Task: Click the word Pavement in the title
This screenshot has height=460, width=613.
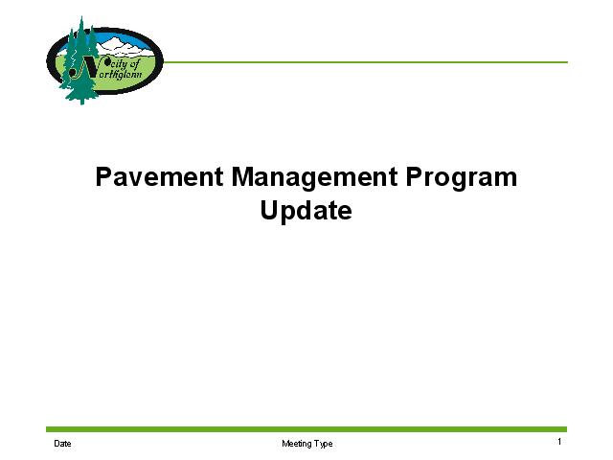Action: click(160, 176)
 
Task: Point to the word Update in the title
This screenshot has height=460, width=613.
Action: click(306, 212)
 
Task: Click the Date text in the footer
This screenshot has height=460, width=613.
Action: click(62, 444)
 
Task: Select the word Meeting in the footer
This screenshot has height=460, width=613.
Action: click(295, 444)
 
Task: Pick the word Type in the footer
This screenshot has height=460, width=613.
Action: click(322, 444)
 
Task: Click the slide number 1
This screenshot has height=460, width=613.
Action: click(559, 442)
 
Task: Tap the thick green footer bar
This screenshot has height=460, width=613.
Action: click(306, 429)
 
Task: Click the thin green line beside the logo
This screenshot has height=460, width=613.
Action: click(365, 61)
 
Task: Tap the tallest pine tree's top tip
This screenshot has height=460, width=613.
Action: click(81, 16)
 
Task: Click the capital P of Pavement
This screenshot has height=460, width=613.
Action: click(103, 176)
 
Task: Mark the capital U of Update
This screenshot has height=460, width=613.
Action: click(269, 211)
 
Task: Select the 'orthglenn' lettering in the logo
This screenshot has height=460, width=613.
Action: click(119, 74)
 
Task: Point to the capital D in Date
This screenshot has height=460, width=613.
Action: click(57, 444)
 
